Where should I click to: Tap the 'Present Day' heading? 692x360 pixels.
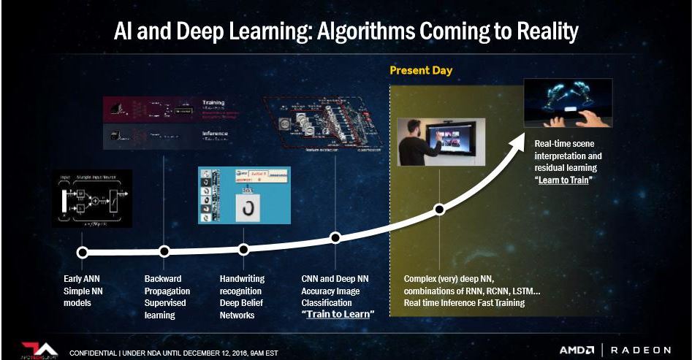[421, 71]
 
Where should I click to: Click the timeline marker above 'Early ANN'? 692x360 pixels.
[83, 253]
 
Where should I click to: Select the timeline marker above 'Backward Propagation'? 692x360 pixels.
[164, 251]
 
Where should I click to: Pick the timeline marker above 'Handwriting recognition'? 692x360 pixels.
[244, 250]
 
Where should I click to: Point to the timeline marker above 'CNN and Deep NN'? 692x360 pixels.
[335, 237]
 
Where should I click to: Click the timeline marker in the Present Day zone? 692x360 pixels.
[439, 210]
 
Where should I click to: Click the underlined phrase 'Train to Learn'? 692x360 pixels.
[339, 314]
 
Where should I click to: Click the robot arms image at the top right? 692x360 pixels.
[568, 103]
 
